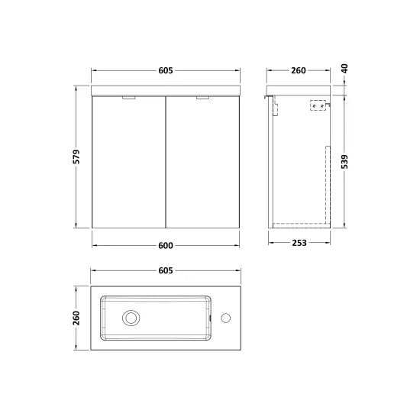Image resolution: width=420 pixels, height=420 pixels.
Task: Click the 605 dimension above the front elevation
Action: (x=166, y=70)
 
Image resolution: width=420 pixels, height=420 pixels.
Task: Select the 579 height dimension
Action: (x=77, y=156)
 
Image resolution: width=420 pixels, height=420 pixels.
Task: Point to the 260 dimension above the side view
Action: (x=298, y=70)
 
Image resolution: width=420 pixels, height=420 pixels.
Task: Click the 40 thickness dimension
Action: (x=344, y=69)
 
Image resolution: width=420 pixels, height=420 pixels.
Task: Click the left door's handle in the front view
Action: (x=128, y=98)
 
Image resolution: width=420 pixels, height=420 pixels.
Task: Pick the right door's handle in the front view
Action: (x=204, y=98)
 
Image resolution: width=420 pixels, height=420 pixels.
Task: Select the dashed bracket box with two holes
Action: (x=318, y=106)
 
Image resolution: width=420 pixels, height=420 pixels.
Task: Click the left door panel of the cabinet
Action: (x=128, y=164)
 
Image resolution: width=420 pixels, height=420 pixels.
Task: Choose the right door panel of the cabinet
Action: (x=203, y=164)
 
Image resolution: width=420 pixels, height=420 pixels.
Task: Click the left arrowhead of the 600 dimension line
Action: (x=94, y=244)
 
